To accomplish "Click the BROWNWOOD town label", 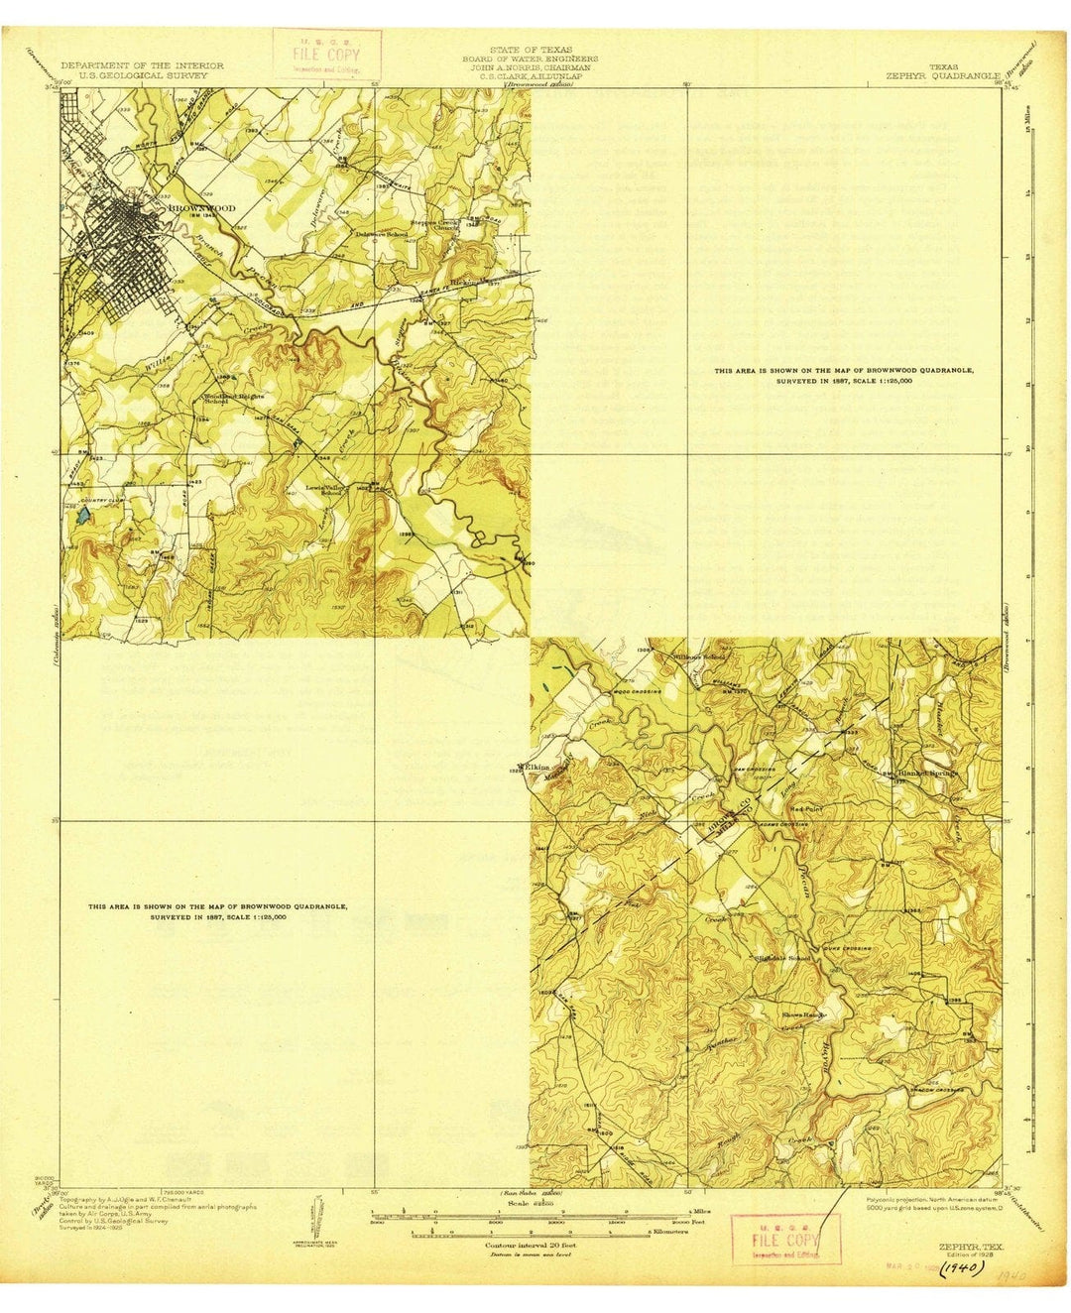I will tap(202, 208).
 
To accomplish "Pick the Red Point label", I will tap(804, 808).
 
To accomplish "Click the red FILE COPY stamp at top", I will tap(313, 53).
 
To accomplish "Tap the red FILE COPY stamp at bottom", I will tap(783, 1240).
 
